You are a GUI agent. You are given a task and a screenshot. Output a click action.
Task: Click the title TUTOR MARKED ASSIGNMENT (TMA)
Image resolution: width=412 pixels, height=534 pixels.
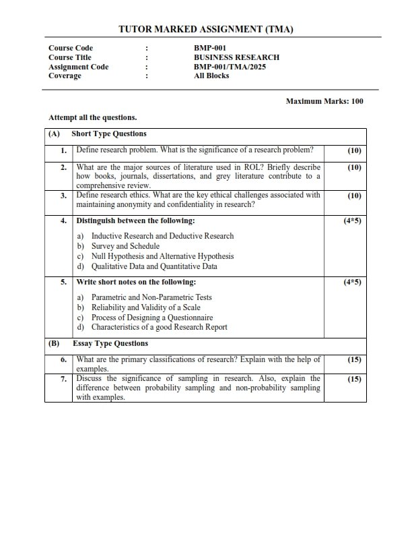click(x=206, y=29)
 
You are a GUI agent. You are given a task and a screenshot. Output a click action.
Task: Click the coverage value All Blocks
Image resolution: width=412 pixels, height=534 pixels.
click(x=211, y=76)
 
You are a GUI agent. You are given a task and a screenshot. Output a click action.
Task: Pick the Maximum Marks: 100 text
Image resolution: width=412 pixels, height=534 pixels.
click(x=324, y=101)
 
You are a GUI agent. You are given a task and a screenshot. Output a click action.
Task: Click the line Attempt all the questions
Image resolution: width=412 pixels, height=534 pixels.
click(x=92, y=117)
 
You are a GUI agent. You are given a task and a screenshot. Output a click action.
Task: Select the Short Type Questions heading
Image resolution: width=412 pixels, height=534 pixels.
click(x=108, y=133)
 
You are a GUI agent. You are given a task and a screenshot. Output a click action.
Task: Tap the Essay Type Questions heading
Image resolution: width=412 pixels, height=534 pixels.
click(x=110, y=343)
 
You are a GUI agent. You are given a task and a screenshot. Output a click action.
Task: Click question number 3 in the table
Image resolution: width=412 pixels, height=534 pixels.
click(x=63, y=196)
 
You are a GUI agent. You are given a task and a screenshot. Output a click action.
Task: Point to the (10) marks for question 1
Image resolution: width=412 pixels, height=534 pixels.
click(x=354, y=151)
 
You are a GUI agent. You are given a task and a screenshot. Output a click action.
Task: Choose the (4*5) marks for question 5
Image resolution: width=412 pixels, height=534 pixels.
click(x=352, y=282)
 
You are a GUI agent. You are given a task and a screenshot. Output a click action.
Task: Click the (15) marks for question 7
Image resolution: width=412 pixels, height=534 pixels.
click(x=354, y=379)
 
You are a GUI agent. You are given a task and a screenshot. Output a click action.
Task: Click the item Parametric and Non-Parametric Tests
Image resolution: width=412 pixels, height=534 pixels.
click(x=151, y=297)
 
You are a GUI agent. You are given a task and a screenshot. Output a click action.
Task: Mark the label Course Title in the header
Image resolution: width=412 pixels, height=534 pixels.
click(x=71, y=57)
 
